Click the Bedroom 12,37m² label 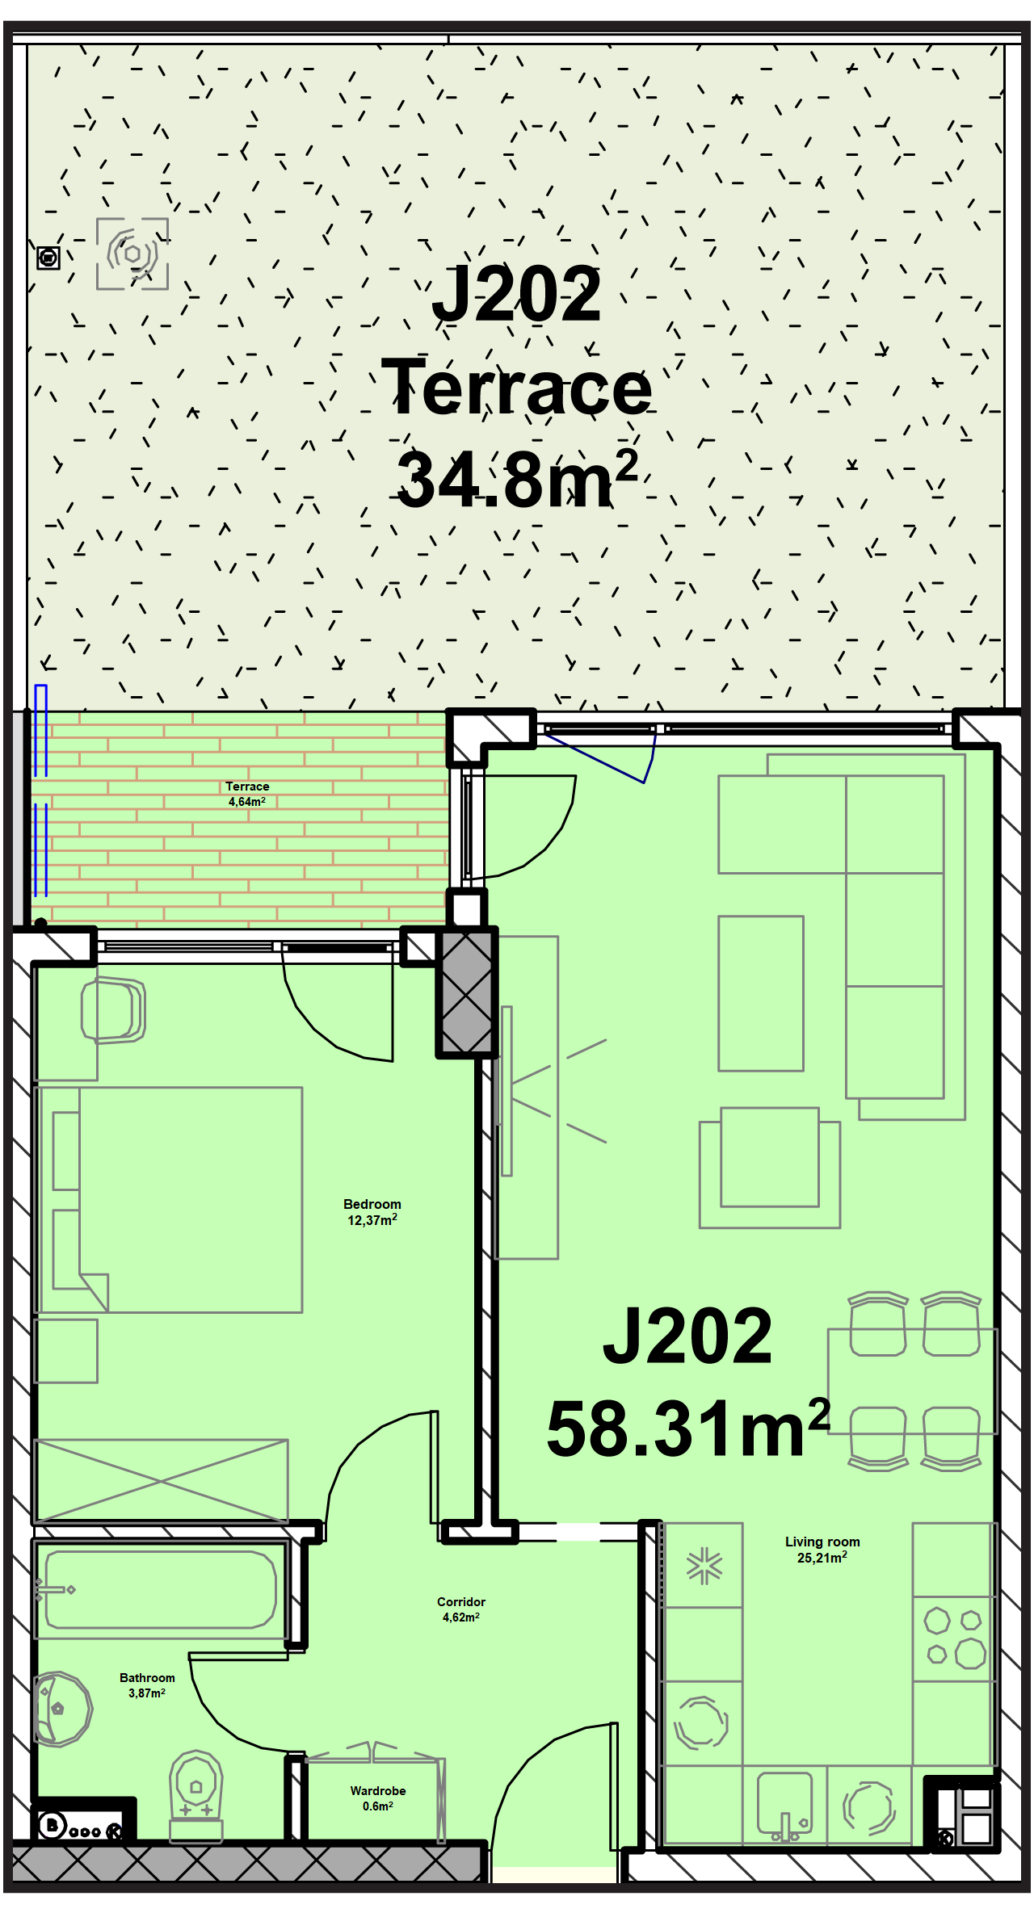tap(372, 1212)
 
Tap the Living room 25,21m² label tap(822, 1550)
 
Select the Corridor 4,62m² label tap(461, 1609)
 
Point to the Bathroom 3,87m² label tap(147, 1685)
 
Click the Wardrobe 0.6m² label tap(378, 1798)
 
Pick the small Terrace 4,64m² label tap(247, 794)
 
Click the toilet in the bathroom tap(195, 1797)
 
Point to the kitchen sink tap(784, 1806)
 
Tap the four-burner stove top tap(954, 1638)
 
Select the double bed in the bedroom tap(168, 1200)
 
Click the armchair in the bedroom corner tap(113, 1010)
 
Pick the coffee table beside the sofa tap(761, 993)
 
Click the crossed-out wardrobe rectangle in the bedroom tap(161, 1481)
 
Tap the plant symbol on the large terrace tap(132, 254)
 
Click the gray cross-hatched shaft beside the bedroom tap(467, 992)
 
